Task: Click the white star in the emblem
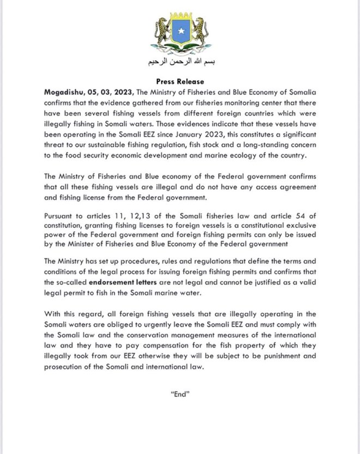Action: click(180, 32)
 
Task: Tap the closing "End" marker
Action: click(179, 395)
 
